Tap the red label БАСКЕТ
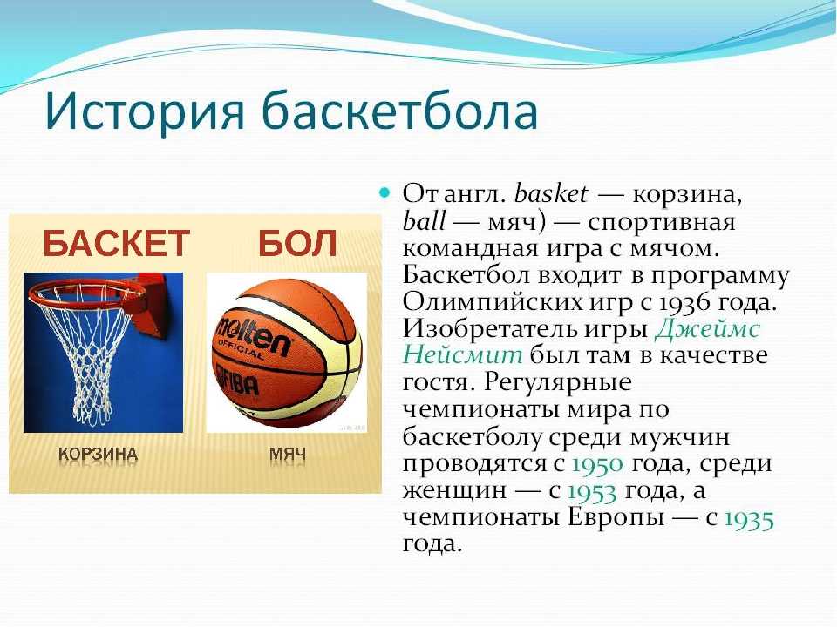point(116,243)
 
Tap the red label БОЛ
point(297,243)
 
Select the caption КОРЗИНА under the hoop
point(99,455)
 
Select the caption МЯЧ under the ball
point(288,455)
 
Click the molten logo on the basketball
point(253,338)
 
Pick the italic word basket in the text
point(550,193)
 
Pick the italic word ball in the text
point(424,220)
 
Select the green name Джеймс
point(708,329)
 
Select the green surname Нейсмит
point(462,355)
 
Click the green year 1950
point(597,464)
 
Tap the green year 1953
point(591,491)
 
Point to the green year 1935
point(749,519)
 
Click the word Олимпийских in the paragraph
point(492,302)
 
